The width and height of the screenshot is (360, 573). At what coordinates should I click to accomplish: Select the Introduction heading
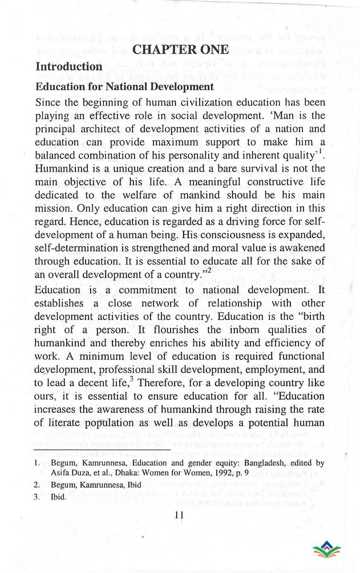(x=69, y=67)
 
